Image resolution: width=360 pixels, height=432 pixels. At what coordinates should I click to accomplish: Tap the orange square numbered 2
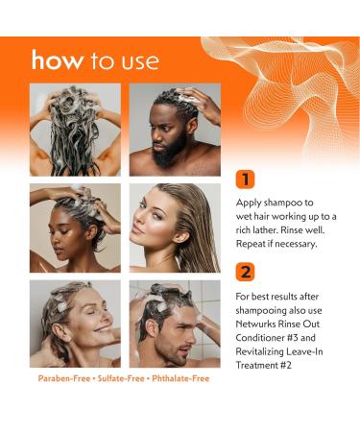(245, 272)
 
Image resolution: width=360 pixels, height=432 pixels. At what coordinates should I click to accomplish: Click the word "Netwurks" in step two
(257, 325)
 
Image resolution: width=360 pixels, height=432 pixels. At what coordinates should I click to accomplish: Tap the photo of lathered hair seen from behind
(75, 130)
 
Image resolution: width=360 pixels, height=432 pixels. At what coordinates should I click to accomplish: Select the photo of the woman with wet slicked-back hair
(175, 228)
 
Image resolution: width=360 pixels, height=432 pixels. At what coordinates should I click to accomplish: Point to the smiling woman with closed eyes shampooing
(75, 324)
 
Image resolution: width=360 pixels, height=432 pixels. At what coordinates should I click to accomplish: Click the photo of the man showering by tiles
(175, 324)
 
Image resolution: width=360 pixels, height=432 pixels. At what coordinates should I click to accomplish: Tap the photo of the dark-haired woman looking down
(75, 228)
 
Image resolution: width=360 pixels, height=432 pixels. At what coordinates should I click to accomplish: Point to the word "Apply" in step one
(250, 203)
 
